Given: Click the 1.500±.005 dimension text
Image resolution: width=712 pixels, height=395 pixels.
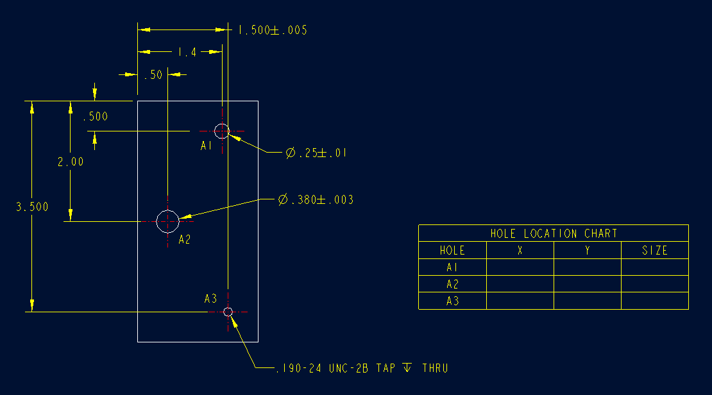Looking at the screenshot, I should tap(273, 30).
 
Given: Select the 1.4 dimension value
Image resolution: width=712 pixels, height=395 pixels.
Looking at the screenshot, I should tap(187, 53).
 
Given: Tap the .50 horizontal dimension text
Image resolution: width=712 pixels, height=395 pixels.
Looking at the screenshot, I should tap(153, 75).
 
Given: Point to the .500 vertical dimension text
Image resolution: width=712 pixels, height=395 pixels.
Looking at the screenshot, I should tap(95, 117).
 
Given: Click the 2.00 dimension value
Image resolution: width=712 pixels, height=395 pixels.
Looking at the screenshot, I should tap(71, 162).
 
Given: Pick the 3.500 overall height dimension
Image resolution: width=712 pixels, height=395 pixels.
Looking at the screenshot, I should tap(32, 207).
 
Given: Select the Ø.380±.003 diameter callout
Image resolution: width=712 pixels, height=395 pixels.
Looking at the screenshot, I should tap(316, 200).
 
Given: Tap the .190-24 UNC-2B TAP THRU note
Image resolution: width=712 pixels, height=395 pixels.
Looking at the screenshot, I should tap(362, 369).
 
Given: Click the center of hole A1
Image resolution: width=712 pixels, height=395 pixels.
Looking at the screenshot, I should tap(222, 131).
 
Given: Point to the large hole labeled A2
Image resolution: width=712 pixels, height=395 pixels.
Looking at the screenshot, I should tap(167, 221).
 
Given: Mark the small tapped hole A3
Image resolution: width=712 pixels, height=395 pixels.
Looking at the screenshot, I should tap(228, 312).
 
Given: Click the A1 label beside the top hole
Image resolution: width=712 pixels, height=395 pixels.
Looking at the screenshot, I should tap(206, 146).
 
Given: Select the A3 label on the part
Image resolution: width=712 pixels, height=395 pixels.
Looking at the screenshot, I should tap(210, 299).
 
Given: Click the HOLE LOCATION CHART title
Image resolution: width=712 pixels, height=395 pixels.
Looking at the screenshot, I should tap(554, 233).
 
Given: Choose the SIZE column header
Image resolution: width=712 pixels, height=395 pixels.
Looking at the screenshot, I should tap(655, 251).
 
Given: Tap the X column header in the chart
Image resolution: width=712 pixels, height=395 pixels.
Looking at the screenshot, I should tap(520, 251).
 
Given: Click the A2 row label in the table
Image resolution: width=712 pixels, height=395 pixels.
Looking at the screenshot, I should tap(452, 284).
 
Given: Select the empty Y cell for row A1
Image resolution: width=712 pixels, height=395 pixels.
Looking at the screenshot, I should tap(588, 267).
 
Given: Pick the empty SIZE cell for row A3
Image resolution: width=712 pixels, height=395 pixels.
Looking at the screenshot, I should tap(655, 301).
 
